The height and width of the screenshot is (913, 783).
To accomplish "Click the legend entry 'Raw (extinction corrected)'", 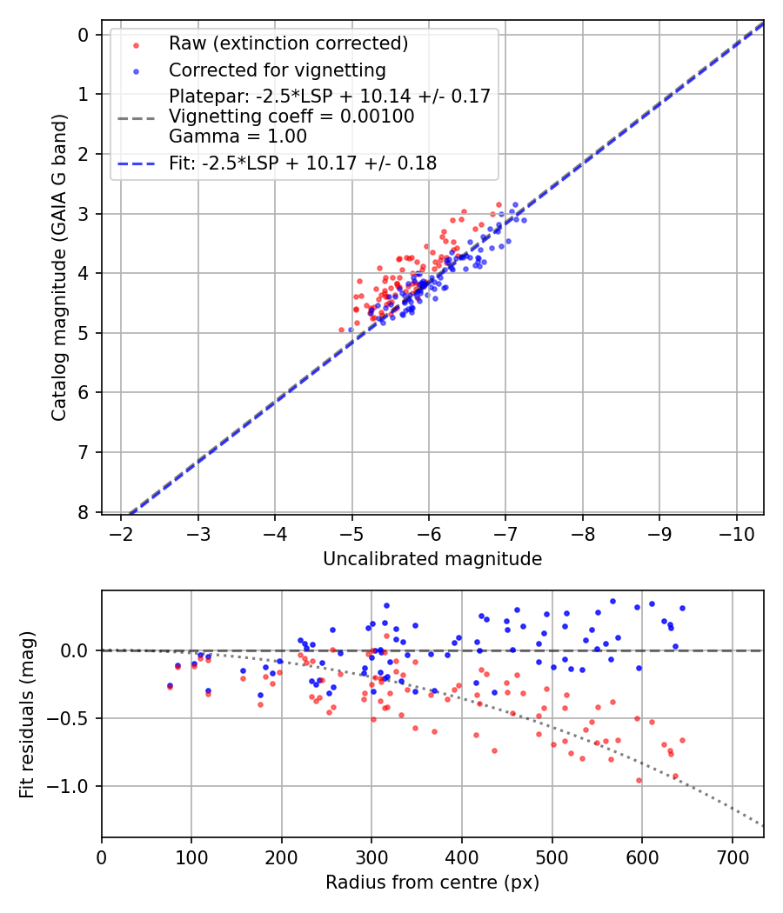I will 288,43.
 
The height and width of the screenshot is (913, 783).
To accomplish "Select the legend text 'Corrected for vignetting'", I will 278,70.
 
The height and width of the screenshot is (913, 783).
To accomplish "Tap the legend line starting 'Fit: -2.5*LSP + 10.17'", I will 303,163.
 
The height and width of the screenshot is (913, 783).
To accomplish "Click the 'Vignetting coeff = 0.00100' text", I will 291,117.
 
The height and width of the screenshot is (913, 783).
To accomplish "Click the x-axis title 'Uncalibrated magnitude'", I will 432,559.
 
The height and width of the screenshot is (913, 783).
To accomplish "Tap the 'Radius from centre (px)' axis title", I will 432,883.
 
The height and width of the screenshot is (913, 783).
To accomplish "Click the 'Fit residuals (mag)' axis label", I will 27,715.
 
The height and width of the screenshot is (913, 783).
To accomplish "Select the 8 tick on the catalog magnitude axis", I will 84,512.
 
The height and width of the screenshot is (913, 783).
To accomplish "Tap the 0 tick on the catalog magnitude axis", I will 84,35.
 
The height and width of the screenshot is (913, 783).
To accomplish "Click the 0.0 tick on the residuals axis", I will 77,650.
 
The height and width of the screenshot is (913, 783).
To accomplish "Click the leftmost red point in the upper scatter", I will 342,330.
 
